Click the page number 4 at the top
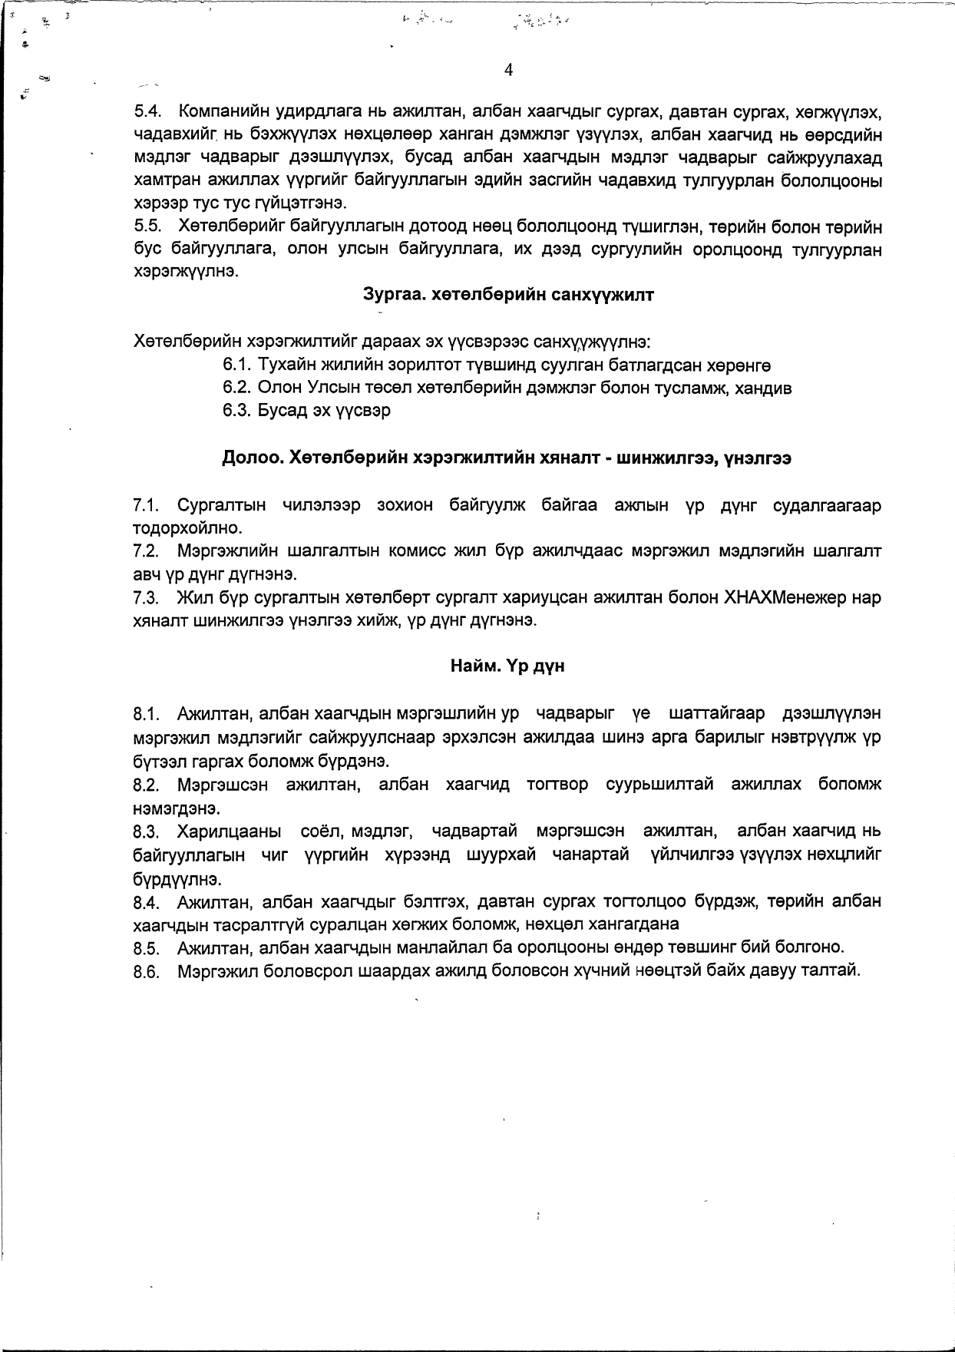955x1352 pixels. click(508, 71)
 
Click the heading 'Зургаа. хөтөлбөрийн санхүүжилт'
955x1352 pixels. click(507, 295)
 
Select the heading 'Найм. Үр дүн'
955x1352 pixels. click(507, 666)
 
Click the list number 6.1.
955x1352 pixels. click(235, 365)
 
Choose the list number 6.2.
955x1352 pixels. click(235, 388)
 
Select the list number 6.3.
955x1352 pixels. click(235, 411)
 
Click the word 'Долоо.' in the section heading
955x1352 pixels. click(253, 458)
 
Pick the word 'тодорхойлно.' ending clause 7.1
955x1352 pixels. click(177, 529)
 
